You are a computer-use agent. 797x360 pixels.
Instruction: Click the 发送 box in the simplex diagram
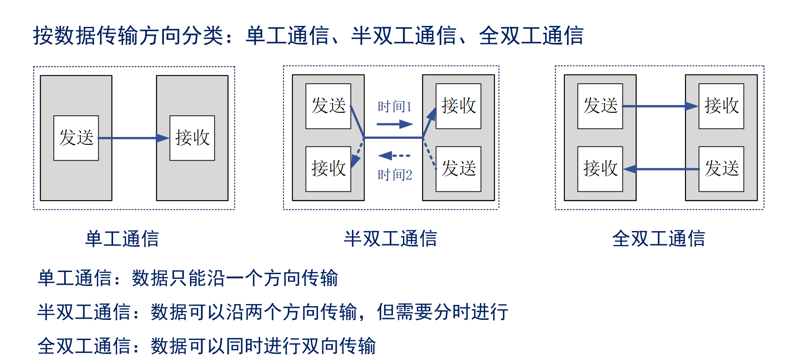tap(76, 138)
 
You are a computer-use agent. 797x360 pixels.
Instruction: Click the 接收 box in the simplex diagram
tap(192, 138)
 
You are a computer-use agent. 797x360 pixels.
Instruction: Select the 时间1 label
tap(395, 106)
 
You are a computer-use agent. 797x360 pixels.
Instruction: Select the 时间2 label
tap(395, 175)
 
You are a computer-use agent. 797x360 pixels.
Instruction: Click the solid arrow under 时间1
tap(395, 124)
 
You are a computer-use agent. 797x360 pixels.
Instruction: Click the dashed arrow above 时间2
tap(394, 156)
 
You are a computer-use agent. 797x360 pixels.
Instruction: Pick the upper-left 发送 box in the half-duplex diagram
tap(328, 106)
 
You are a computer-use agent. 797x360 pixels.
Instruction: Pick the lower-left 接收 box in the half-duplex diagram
tap(328, 169)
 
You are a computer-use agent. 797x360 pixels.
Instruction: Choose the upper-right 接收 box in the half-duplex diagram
tap(458, 106)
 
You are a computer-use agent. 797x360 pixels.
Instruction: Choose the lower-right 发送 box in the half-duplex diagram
tap(458, 169)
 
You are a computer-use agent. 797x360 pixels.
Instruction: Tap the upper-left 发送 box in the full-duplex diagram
tap(600, 106)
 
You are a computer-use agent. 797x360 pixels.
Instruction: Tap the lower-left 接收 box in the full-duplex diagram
tap(600, 169)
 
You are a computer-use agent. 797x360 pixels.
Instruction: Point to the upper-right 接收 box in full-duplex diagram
tap(721, 106)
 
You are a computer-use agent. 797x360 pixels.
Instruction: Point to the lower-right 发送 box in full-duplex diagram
tap(721, 169)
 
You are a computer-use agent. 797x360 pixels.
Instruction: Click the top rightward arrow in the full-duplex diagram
tap(660, 106)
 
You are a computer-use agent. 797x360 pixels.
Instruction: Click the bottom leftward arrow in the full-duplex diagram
tap(661, 169)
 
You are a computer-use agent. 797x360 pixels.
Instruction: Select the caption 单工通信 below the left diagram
tap(122, 239)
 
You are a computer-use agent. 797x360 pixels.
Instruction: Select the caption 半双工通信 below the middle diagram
tap(391, 239)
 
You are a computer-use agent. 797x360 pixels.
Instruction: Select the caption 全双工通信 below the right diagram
tap(659, 239)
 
